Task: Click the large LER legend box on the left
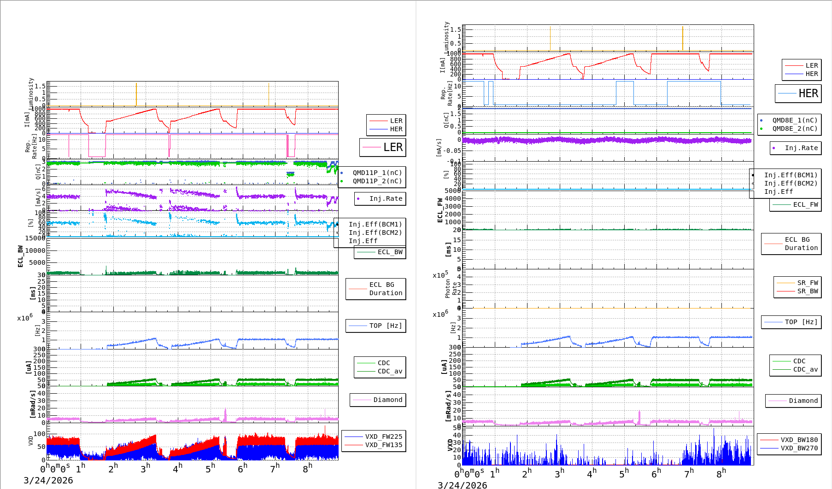[x=383, y=147]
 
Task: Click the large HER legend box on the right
[x=798, y=93]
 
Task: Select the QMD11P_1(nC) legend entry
[x=377, y=173]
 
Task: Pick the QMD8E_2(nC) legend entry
[x=794, y=128]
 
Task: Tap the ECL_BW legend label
[x=390, y=252]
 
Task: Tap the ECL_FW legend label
[x=805, y=204]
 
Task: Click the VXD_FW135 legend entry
[x=383, y=445]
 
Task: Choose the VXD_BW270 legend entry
[x=799, y=448]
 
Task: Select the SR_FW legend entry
[x=807, y=283]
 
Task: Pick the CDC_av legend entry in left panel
[x=390, y=371]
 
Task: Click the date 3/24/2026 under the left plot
[x=48, y=480]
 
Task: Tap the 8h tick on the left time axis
[x=307, y=468]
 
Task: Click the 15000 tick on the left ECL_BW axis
[x=35, y=238]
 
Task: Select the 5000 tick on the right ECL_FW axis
[x=452, y=191]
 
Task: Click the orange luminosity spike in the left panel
[x=136, y=94]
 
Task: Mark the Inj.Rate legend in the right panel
[x=801, y=148]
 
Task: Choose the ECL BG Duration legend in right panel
[x=801, y=244]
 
